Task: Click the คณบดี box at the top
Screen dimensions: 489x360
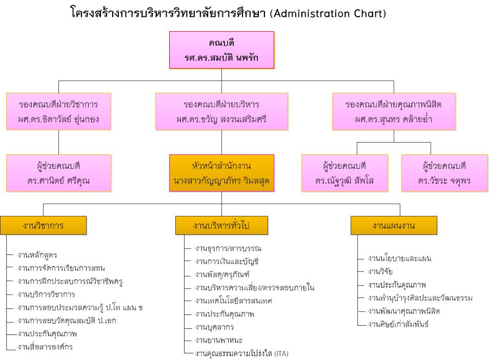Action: pos(222,50)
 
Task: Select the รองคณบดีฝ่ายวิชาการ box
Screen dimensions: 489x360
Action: pos(58,111)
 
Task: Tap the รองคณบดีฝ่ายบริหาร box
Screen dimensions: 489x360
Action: pos(222,111)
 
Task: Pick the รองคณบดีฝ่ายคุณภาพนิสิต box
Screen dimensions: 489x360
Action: pos(394,111)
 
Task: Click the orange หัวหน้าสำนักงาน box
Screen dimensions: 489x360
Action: pos(222,173)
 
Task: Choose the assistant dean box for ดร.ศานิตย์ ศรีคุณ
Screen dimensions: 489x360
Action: pos(58,173)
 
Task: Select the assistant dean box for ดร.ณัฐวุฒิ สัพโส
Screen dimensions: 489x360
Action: pos(344,173)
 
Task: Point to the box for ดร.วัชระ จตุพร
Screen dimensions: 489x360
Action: pos(445,173)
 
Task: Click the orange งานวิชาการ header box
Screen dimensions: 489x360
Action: pos(44,225)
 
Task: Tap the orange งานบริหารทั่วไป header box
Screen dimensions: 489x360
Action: pos(222,225)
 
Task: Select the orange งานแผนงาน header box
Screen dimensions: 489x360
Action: pos(394,225)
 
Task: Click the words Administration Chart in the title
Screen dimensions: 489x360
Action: pos(328,13)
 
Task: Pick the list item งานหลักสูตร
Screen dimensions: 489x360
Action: pos(37,255)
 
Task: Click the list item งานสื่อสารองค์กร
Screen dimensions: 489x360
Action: pos(45,347)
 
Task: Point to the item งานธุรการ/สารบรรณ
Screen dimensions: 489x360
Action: pos(228,248)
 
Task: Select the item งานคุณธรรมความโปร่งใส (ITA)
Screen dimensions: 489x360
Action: pos(242,353)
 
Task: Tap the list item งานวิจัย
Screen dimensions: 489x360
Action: pos(380,271)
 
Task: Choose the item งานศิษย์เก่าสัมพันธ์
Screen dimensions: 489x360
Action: pos(398,324)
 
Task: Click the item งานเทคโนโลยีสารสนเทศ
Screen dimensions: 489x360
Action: pos(234,301)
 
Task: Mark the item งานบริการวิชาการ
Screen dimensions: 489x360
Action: pos(46,294)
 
